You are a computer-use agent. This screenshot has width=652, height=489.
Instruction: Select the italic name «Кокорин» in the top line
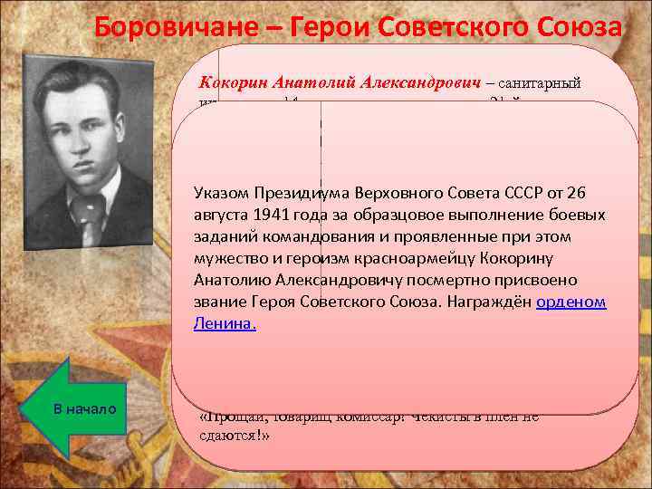click(x=233, y=82)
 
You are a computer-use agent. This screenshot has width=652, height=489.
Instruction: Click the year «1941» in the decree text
click(x=267, y=216)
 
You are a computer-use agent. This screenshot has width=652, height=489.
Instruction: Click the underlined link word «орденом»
click(x=570, y=302)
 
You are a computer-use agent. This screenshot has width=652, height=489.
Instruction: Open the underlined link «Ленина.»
click(x=225, y=323)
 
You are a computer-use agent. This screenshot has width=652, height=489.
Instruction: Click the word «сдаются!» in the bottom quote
click(x=234, y=434)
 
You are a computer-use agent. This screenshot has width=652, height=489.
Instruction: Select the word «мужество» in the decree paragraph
click(x=228, y=258)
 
